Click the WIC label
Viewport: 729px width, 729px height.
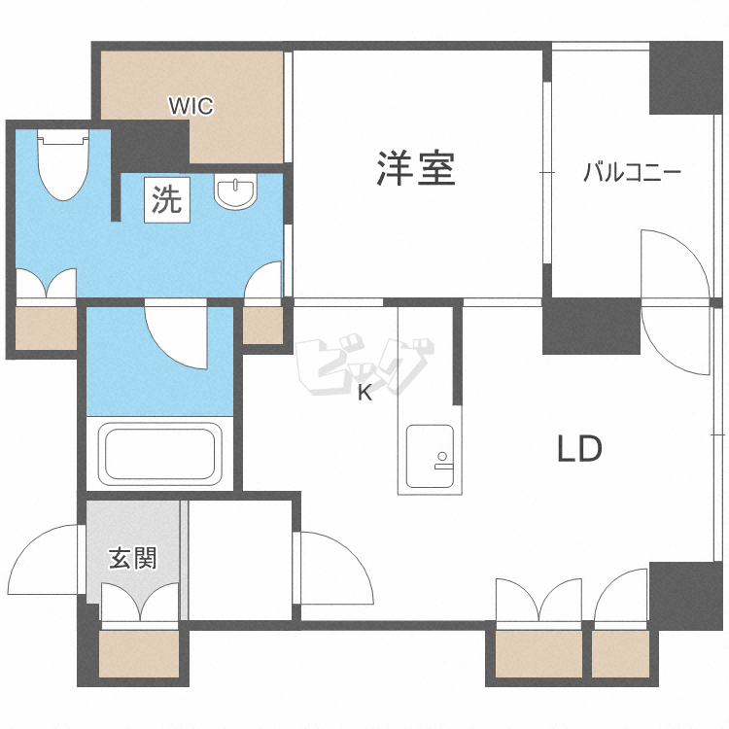[x=191, y=105]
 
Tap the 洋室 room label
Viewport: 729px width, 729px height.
[x=416, y=169]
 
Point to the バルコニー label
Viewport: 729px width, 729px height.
[x=632, y=174]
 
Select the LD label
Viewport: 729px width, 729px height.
[x=580, y=449]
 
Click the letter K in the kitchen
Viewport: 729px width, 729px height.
[x=364, y=394]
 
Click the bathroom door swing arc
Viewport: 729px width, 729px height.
[x=178, y=335]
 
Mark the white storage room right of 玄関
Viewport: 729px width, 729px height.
[x=240, y=559]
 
